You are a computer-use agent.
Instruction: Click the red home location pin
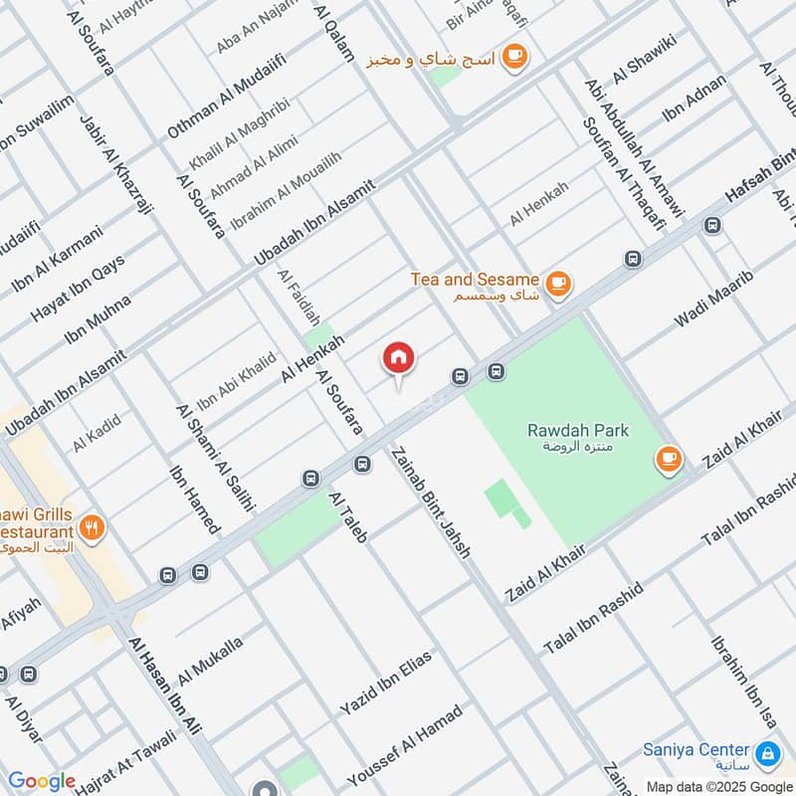(399, 358)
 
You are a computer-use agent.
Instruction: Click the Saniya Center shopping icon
(767, 752)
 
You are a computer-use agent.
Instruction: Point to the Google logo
(42, 781)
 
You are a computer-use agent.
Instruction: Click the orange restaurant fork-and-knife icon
(93, 528)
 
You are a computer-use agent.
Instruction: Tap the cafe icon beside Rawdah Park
(668, 459)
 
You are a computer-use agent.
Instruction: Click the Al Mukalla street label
(210, 661)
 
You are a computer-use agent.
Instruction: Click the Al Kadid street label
(96, 432)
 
